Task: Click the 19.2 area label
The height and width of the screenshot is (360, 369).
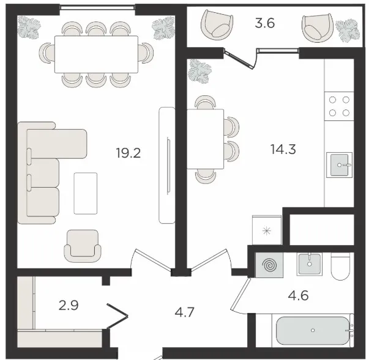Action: pyautogui.click(x=129, y=153)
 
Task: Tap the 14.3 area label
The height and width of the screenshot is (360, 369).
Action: pyautogui.click(x=283, y=149)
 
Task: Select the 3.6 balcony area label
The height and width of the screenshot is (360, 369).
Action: pyautogui.click(x=265, y=23)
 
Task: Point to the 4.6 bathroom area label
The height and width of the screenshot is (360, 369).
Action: pyautogui.click(x=298, y=295)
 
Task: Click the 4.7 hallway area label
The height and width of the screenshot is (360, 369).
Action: pyautogui.click(x=185, y=312)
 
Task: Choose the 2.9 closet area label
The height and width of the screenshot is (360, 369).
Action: pyautogui.click(x=69, y=306)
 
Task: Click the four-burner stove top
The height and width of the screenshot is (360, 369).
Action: pyautogui.click(x=339, y=106)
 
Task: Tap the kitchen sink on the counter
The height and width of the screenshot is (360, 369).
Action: pyautogui.click(x=340, y=165)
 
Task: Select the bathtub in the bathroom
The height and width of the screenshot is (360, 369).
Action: pyautogui.click(x=313, y=330)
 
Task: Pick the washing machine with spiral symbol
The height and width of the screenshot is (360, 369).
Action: pyautogui.click(x=269, y=265)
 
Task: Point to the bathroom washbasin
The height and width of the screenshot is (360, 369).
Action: pyautogui.click(x=309, y=264)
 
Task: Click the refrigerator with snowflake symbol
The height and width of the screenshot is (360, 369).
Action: pyautogui.click(x=267, y=230)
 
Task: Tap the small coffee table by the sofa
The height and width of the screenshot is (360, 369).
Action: pyautogui.click(x=86, y=193)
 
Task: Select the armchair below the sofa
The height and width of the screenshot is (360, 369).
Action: pyautogui.click(x=83, y=246)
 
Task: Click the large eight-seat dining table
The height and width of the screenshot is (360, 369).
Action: pyautogui.click(x=96, y=54)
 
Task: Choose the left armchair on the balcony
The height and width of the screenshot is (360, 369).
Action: pyautogui.click(x=217, y=26)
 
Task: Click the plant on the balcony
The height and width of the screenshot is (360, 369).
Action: pyautogui.click(x=348, y=31)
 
